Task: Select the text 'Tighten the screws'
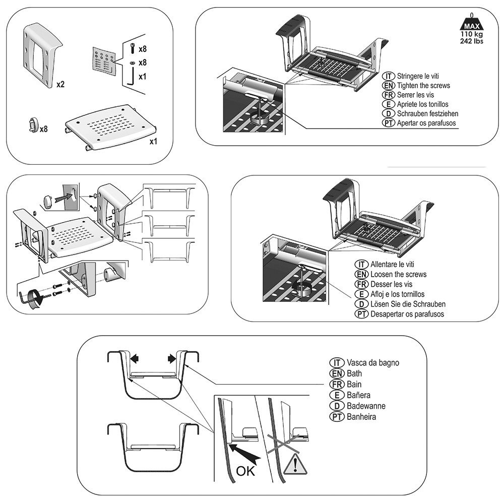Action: (x=423, y=85)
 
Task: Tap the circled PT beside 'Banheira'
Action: (x=336, y=417)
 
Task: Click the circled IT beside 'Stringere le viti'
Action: (x=389, y=76)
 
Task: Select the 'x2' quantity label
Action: (x=60, y=84)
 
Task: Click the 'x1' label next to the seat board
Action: (x=154, y=142)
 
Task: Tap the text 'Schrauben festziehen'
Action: (x=427, y=113)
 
